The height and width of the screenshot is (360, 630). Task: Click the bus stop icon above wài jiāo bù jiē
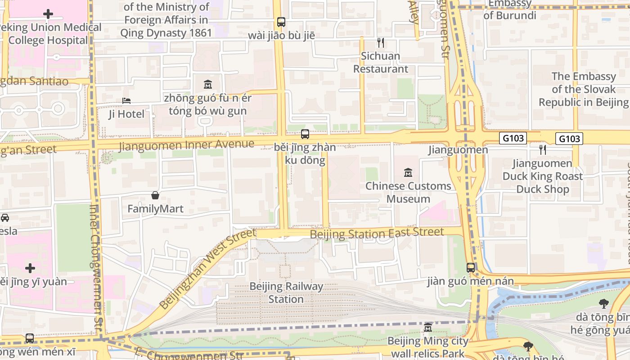tap(281, 22)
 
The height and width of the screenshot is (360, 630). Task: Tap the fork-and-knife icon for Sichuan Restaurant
tap(381, 43)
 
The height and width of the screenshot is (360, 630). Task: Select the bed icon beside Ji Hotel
tap(126, 101)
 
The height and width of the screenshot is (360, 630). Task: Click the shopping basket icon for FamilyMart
tap(155, 195)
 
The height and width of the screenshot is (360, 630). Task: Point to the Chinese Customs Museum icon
tap(408, 172)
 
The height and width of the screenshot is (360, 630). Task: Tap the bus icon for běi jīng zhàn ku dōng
tap(305, 134)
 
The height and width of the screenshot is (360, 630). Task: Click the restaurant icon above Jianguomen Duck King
tap(543, 149)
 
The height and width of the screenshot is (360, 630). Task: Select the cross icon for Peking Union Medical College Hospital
tap(48, 14)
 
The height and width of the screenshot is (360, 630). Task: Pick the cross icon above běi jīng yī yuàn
tap(30, 269)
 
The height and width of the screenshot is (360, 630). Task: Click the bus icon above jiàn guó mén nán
tap(471, 268)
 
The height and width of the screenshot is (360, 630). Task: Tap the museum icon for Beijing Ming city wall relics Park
tap(428, 327)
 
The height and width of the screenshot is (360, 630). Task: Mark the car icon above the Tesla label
tap(5, 218)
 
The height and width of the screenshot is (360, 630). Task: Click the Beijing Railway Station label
tap(286, 292)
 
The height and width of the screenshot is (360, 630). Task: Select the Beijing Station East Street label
tap(377, 234)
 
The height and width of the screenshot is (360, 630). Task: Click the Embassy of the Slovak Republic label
tap(583, 89)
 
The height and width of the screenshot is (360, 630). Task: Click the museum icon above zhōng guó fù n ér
tap(208, 84)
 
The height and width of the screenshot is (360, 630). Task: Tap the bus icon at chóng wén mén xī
tap(30, 338)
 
